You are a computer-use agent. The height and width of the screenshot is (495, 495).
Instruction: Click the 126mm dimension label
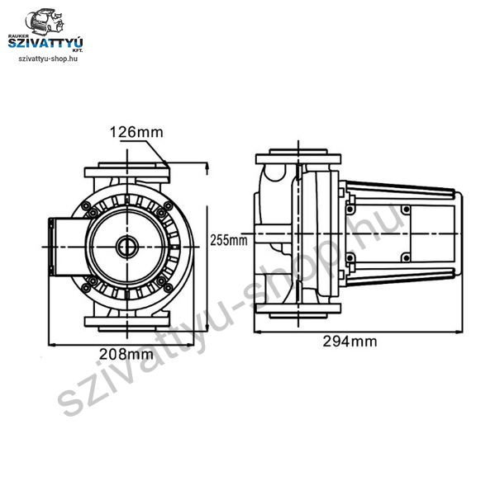coord(136,132)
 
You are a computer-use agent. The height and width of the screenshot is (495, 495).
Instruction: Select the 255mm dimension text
coord(229,240)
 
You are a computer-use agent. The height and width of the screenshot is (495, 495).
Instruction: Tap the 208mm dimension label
coord(126,354)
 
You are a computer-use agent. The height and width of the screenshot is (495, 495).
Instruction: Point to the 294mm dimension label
coord(350,342)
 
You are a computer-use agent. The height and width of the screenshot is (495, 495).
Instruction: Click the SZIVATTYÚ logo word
coord(45,43)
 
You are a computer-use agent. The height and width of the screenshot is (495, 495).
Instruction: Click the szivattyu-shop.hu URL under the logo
coord(48,59)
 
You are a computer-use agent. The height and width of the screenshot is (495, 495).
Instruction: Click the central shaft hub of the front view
coord(127,246)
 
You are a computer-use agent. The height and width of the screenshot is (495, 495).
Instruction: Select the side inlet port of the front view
coord(68,247)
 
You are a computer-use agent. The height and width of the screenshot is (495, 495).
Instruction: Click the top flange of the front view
coord(127,172)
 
